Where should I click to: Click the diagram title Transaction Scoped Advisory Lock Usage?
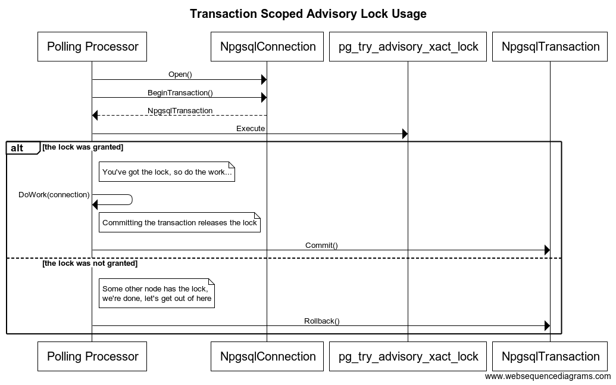(x=308, y=14)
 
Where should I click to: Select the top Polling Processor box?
(x=92, y=46)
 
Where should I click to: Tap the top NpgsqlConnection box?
(x=268, y=46)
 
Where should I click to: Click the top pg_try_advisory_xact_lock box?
(x=408, y=46)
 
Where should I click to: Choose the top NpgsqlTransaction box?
(x=551, y=46)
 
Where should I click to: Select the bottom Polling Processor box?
(x=92, y=356)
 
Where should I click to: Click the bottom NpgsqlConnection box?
(x=268, y=356)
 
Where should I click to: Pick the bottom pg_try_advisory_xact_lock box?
(x=408, y=356)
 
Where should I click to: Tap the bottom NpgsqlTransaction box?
(x=551, y=356)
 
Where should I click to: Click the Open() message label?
(x=180, y=74)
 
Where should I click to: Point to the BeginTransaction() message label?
(x=180, y=92)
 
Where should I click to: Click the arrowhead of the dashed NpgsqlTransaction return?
(x=95, y=116)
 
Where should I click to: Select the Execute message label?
(x=251, y=128)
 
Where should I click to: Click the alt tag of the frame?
(x=18, y=148)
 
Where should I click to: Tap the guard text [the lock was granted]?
(x=83, y=146)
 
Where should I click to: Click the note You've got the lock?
(x=167, y=172)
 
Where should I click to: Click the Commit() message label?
(x=321, y=245)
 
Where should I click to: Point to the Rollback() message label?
(x=321, y=321)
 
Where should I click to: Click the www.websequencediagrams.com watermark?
(x=548, y=376)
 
